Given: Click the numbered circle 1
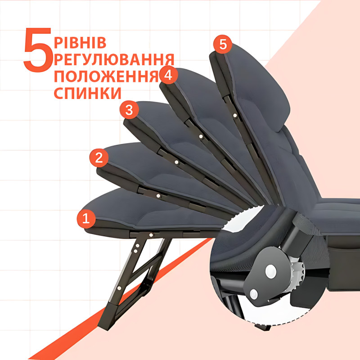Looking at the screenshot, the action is [x=86, y=219].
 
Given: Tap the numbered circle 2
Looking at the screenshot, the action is [x=99, y=158].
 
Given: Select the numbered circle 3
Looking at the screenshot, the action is [x=129, y=110].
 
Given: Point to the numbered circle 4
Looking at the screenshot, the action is [x=168, y=75].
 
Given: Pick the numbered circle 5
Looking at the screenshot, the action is [x=223, y=44].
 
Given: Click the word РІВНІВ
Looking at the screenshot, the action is [x=80, y=42].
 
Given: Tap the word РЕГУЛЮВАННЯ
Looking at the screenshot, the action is [x=114, y=60].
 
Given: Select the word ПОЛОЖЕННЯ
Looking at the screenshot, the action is [x=106, y=76].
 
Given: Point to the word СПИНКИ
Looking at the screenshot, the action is [x=87, y=93].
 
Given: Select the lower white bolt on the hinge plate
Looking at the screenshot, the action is [x=254, y=294].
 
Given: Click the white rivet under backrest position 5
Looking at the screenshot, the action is [x=235, y=116].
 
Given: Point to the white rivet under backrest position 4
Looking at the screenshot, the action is [x=201, y=137].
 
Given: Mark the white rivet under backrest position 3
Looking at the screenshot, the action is [x=176, y=162].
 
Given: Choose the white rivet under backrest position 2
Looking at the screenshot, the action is [x=158, y=196].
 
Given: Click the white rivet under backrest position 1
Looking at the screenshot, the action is [x=151, y=235].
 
